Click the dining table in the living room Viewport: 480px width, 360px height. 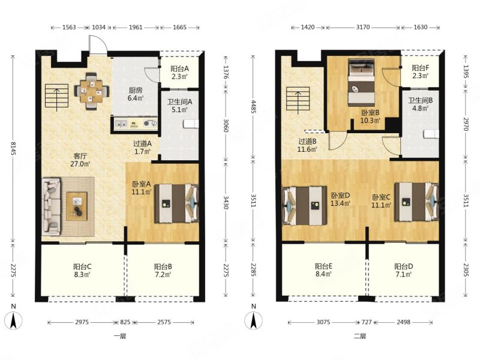[92, 91]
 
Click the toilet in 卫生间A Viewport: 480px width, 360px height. [191, 124]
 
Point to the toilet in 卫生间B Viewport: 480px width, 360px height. [431, 134]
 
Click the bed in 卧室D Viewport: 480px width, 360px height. [305, 205]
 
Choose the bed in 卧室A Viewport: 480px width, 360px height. [176, 203]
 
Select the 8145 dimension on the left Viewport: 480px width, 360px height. [13, 148]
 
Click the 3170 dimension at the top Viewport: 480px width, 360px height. [363, 27]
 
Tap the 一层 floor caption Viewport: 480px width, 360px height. [119, 337]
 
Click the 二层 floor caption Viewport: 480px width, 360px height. [360, 337]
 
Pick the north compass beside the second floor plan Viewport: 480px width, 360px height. [253, 320]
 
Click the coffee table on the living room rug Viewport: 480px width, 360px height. [77, 206]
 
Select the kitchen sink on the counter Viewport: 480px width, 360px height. [122, 124]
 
